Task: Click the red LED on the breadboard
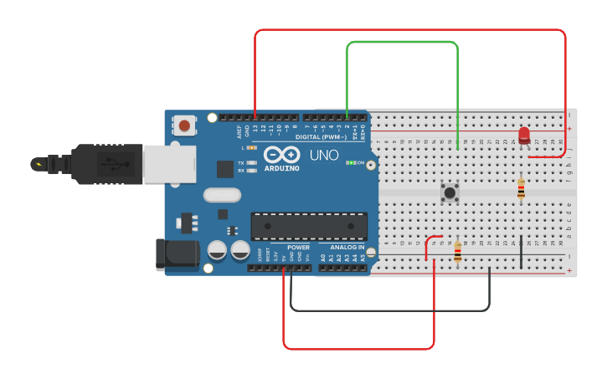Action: click(525, 135)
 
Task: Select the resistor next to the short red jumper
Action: click(458, 251)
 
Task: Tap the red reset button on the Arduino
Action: click(184, 126)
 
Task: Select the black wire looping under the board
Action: click(389, 310)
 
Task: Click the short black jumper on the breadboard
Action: click(522, 252)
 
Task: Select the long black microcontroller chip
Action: click(309, 226)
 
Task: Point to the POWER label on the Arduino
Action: click(299, 248)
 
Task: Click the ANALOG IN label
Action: click(347, 248)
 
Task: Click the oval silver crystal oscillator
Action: click(221, 196)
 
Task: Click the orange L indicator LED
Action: click(250, 147)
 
